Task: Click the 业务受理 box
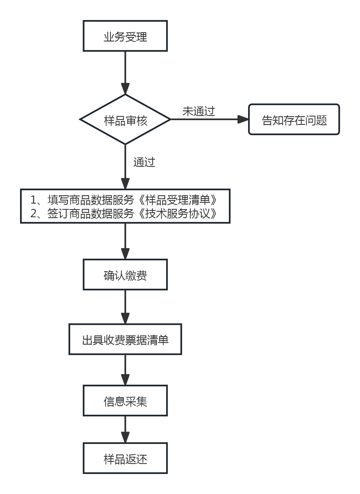tap(125, 36)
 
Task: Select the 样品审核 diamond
tap(125, 120)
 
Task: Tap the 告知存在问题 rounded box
tap(294, 120)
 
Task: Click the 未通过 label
tap(199, 111)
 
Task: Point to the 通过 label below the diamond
tap(144, 162)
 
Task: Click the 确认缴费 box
tap(125, 275)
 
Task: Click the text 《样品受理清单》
tap(177, 200)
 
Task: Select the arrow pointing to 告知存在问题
tap(209, 119)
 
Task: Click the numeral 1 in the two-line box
tap(33, 200)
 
